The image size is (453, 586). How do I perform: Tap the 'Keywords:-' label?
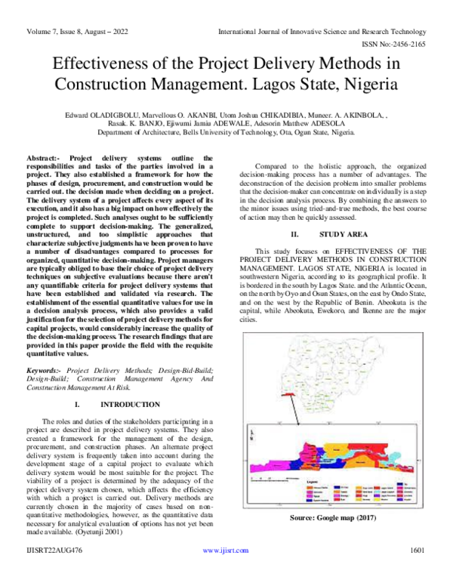tap(45, 371)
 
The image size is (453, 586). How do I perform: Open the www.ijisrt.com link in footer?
tap(226, 572)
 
